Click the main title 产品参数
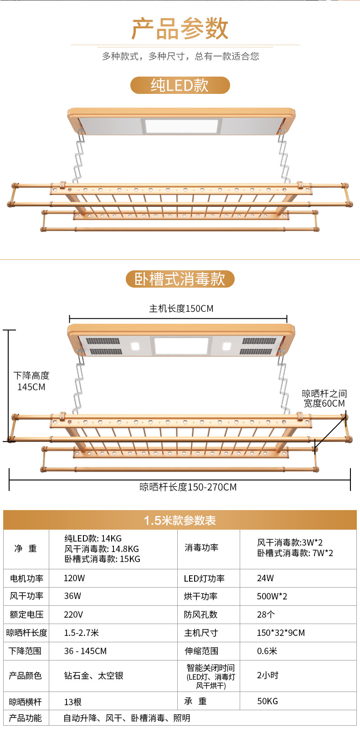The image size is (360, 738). coord(180,29)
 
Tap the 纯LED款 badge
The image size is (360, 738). coord(180,85)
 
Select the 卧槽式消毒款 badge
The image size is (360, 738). coord(180,279)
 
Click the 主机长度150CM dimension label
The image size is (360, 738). coord(181,309)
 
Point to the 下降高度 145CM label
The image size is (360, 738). coord(31,381)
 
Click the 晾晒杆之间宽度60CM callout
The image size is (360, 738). coord(324,398)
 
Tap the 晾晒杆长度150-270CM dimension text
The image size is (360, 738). coord(188,487)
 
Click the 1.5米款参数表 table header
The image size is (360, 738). coord(180,520)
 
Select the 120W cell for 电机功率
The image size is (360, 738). coord(74,578)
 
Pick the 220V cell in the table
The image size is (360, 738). coord(73,614)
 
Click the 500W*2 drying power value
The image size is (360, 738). coord(272,596)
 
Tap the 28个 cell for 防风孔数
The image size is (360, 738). coord(266,614)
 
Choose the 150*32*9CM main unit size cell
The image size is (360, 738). coord(281,633)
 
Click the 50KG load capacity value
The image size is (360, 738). coord(267,701)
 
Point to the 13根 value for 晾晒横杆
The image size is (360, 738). coord(73,702)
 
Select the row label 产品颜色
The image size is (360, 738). coord(26,676)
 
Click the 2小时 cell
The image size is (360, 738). coord(267,676)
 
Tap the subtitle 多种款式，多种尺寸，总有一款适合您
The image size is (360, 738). coord(180,56)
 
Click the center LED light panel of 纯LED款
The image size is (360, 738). coord(181,126)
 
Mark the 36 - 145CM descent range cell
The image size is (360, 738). coord(85,651)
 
